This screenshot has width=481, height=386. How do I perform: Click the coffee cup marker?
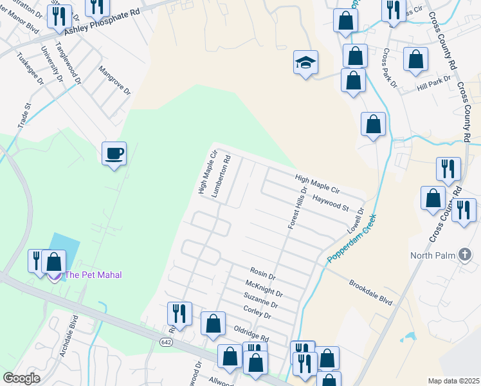[114, 154]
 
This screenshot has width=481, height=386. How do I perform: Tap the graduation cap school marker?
[306, 62]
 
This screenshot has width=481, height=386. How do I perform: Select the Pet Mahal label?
[89, 275]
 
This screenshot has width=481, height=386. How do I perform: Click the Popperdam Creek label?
[351, 238]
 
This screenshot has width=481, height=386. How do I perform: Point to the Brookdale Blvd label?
[370, 291]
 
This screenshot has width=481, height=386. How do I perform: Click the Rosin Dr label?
[262, 273]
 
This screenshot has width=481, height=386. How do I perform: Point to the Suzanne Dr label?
[261, 300]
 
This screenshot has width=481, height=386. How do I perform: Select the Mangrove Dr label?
[114, 80]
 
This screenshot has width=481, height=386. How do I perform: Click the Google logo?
[21, 378]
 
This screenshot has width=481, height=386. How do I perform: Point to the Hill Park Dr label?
[433, 82]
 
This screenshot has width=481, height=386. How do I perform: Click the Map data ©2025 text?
[453, 381]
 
